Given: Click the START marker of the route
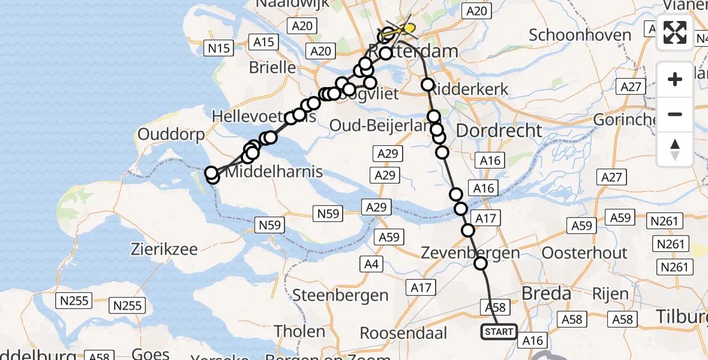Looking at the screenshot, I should [x=499, y=332].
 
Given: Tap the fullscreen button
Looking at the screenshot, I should [x=675, y=32].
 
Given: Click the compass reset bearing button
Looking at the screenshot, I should [x=675, y=149].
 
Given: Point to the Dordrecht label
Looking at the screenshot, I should [x=499, y=130].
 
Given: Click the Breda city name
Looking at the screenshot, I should [x=546, y=293].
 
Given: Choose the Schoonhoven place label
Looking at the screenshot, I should [x=580, y=34].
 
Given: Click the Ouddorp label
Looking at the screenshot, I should [x=171, y=134].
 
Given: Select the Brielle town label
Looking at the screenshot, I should [x=272, y=67].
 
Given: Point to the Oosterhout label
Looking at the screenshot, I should [x=584, y=253].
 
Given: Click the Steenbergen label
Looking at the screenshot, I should [x=340, y=295].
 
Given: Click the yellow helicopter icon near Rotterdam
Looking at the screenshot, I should [x=406, y=28].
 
